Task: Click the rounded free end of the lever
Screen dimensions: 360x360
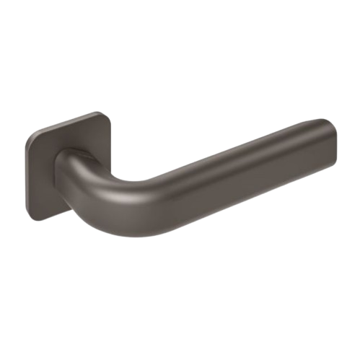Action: click(328, 144)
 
